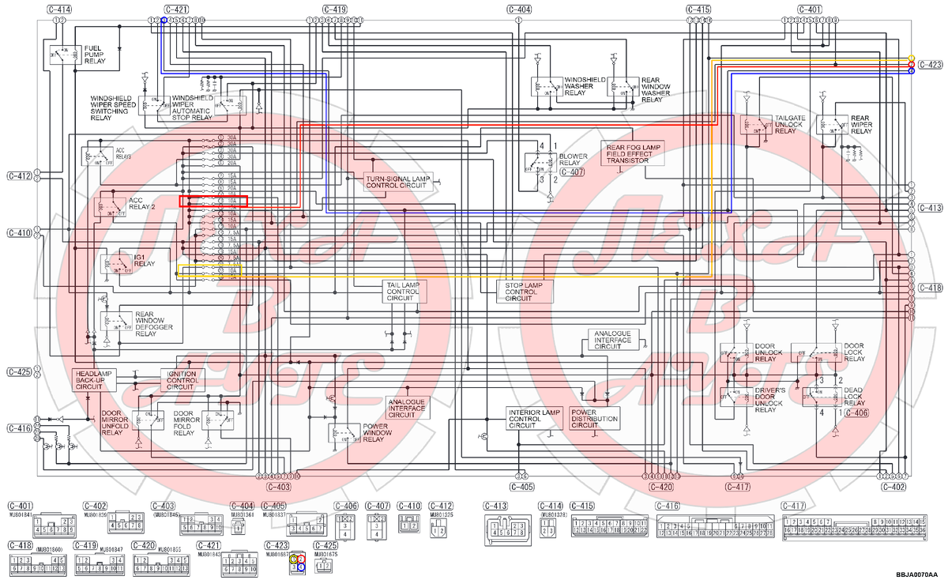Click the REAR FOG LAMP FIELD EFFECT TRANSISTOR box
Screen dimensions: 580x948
pos(634,153)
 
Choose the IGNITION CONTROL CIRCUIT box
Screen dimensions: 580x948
pos(180,379)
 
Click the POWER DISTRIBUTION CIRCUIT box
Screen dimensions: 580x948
pos(596,419)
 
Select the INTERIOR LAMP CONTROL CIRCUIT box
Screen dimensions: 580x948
pos(533,419)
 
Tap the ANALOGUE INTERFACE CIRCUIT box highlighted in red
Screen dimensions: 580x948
pos(407,408)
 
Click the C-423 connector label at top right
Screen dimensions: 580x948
pos(931,65)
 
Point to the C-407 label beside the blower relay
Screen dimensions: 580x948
pos(571,171)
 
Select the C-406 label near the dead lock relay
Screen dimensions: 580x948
pos(856,412)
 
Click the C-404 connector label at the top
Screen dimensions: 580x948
pos(518,9)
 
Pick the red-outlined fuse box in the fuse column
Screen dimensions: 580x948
pos(213,201)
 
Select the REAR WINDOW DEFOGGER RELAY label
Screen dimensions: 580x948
pos(145,323)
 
